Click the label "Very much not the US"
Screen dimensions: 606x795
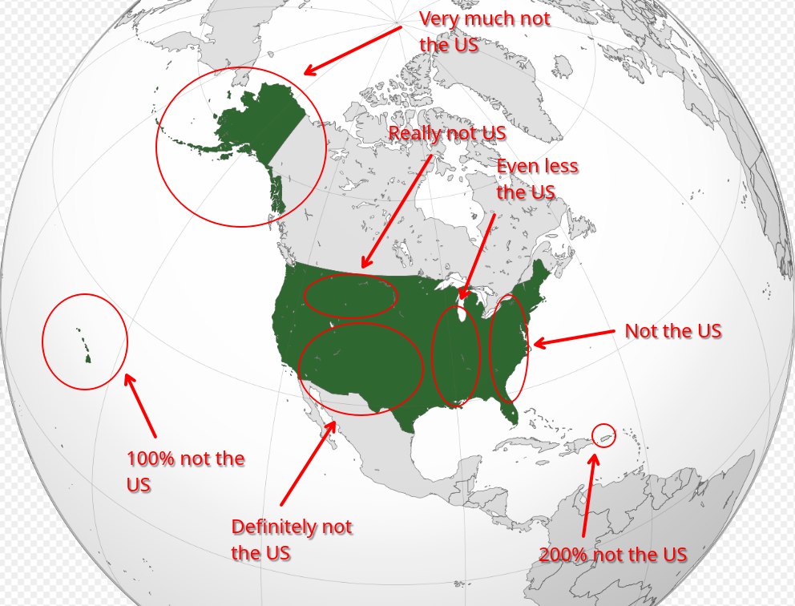485,31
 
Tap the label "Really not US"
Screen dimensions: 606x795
446,133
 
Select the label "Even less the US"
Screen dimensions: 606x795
537,179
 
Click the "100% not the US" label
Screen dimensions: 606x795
184,471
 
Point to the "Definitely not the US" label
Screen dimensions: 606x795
291,539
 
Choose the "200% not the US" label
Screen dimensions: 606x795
612,554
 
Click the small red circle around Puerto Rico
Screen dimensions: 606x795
603,435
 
